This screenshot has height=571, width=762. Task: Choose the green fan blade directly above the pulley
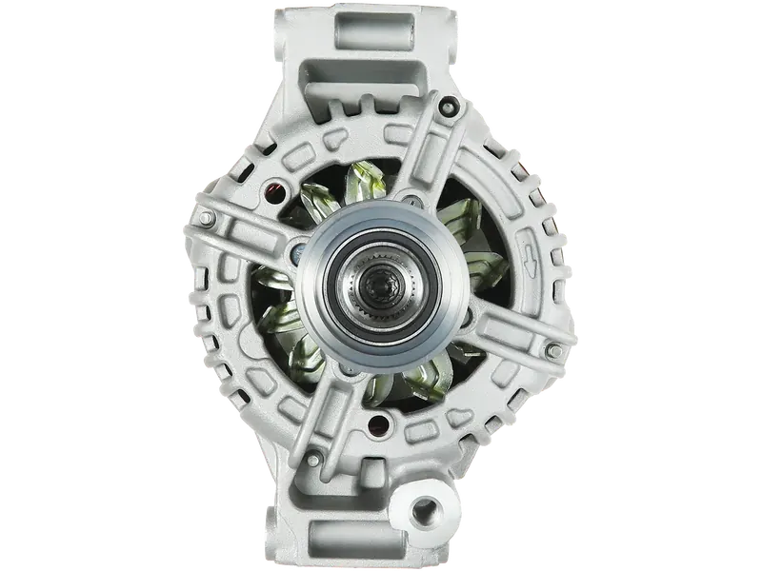(367, 176)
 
